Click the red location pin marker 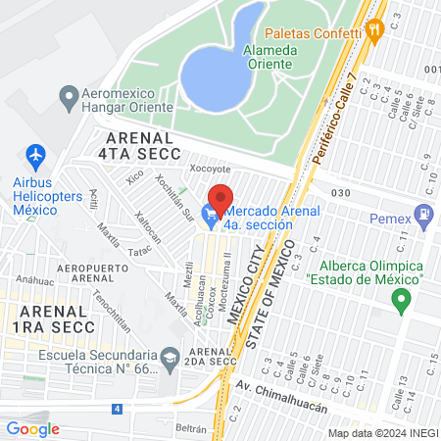220,199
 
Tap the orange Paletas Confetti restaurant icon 373,30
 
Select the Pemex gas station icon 423,213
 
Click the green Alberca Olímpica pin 400,302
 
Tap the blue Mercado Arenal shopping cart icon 210,213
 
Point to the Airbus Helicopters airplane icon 36,155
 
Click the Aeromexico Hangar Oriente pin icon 69,97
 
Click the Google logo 32,428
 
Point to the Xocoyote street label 209,168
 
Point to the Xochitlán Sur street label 174,196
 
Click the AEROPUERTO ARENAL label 80,272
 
